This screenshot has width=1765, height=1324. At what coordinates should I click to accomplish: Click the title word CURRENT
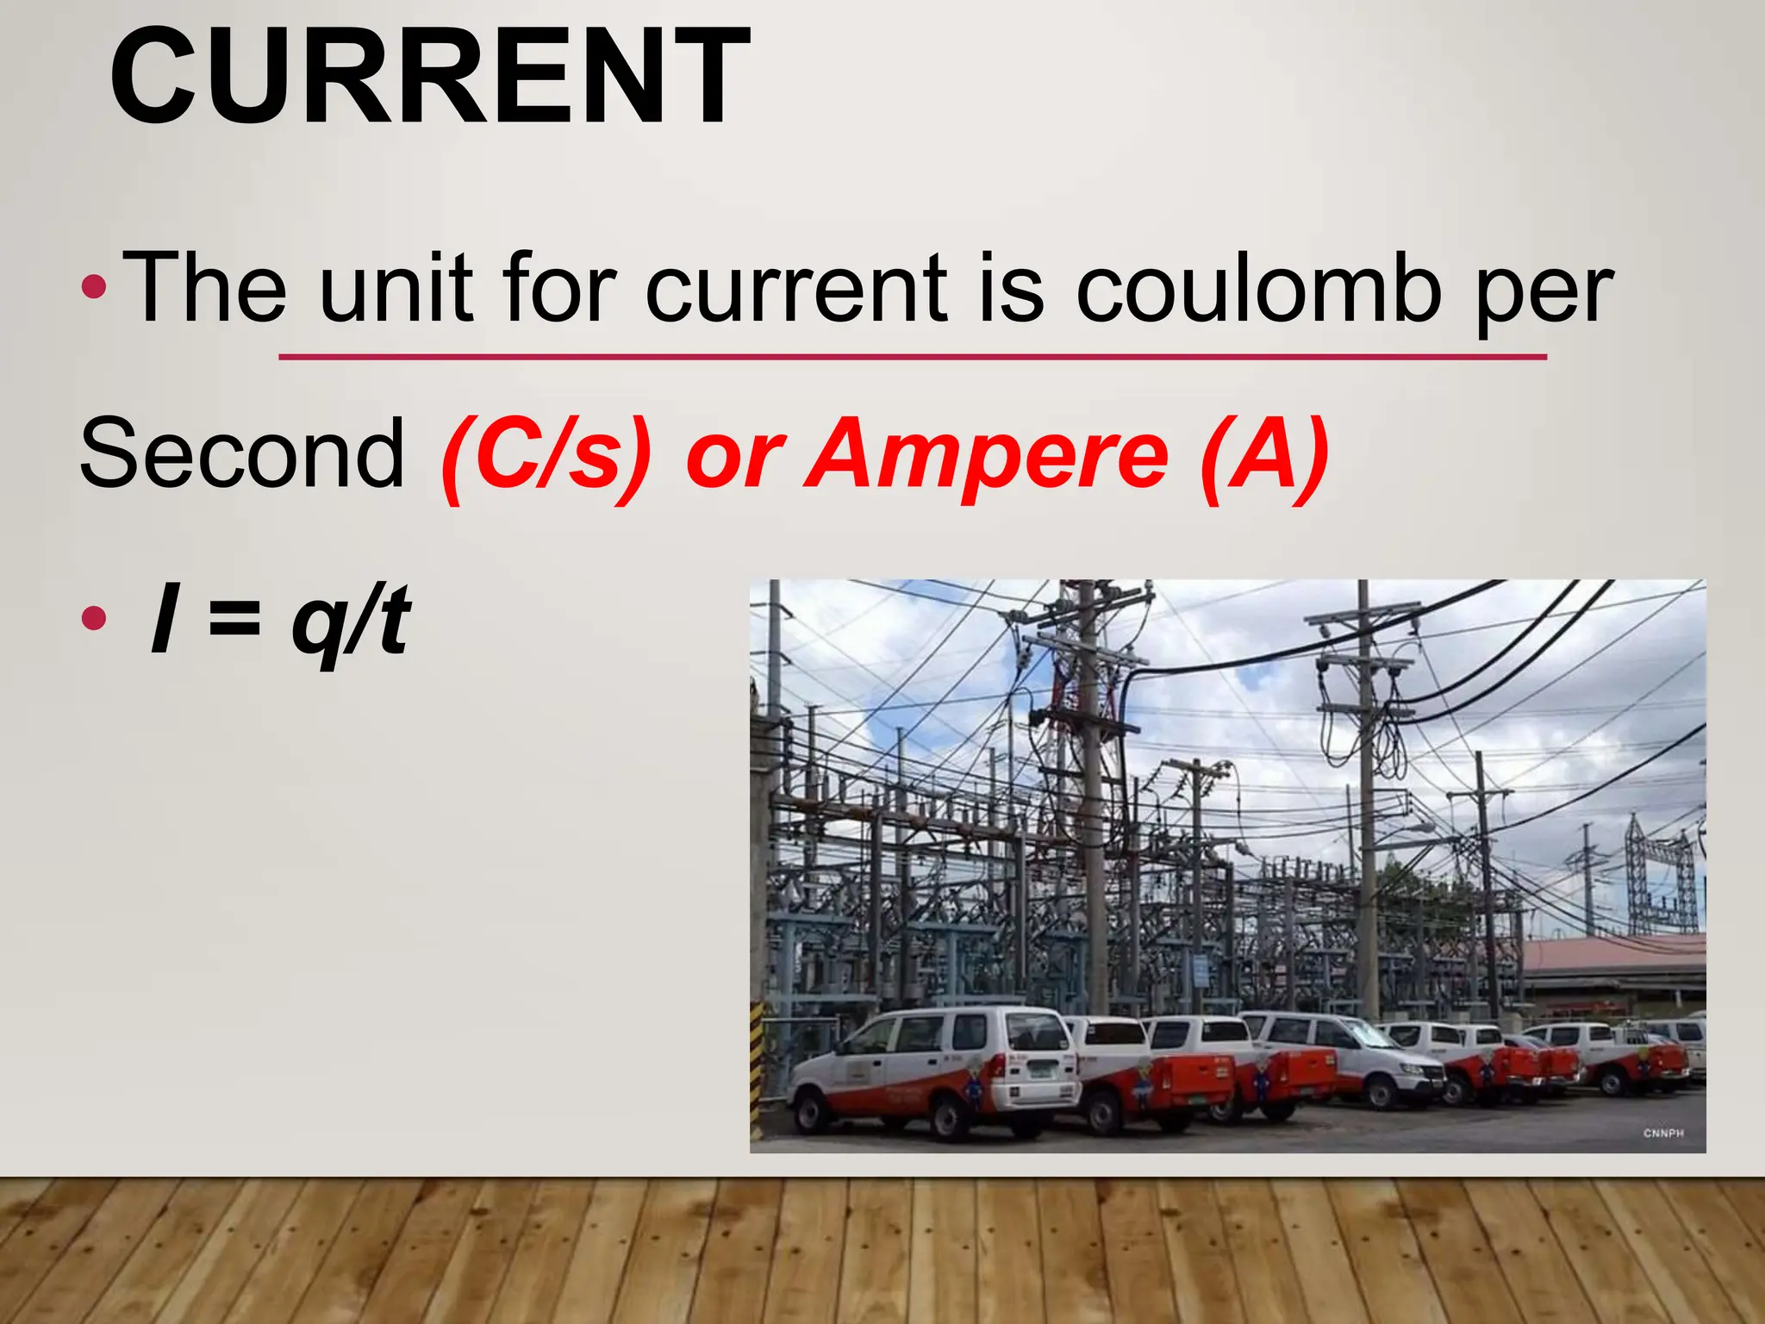click(x=428, y=78)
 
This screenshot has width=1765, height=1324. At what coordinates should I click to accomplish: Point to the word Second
click(x=242, y=453)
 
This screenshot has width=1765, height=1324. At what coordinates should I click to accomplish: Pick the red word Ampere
click(x=990, y=457)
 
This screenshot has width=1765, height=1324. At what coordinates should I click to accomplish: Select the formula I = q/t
click(x=280, y=619)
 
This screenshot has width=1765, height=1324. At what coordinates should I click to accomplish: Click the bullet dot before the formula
click(x=93, y=618)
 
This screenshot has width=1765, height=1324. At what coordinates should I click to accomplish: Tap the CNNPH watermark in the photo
click(x=1662, y=1133)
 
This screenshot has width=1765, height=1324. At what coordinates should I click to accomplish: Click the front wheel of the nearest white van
click(x=951, y=1115)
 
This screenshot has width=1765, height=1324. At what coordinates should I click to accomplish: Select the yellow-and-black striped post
click(x=758, y=1077)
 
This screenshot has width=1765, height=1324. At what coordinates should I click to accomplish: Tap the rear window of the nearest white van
click(x=1038, y=1032)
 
